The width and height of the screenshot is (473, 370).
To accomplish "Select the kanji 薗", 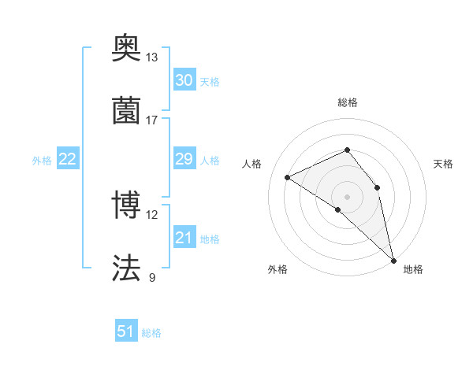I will (126, 110).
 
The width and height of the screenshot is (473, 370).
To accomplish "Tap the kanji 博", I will (126, 205).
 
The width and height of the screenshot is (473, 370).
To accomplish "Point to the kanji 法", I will (126, 268).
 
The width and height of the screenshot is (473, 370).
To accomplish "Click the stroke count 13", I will (151, 57).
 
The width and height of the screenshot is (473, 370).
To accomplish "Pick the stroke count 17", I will (151, 120).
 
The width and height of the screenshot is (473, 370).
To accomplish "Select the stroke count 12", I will (151, 215).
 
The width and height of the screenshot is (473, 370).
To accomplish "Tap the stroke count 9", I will (152, 277).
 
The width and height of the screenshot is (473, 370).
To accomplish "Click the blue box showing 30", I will (184, 80).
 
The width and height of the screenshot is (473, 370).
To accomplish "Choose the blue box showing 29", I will (184, 159).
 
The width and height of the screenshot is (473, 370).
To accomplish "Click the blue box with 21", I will (184, 238).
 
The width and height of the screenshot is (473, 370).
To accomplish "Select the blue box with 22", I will (68, 159).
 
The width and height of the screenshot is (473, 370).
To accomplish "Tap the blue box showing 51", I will (126, 331).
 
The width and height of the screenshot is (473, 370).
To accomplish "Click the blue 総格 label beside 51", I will (152, 333).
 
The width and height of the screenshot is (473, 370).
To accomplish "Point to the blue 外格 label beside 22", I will (42, 161).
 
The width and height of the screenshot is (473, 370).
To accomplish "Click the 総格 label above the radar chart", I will (347, 102).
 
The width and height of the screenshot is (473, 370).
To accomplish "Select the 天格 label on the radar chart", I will (443, 164).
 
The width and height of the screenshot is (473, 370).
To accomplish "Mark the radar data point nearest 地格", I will (393, 259).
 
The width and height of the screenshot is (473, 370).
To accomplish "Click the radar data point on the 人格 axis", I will (288, 177).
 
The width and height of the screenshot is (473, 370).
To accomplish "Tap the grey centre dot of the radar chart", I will (347, 196).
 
